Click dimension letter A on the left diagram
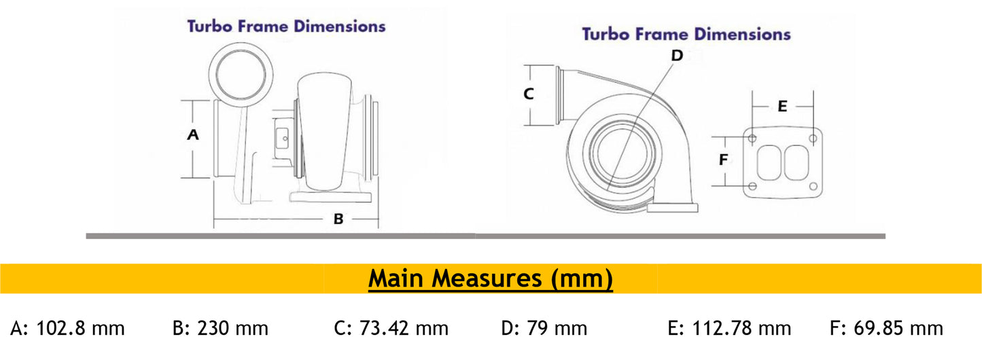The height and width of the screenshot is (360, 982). (193, 134)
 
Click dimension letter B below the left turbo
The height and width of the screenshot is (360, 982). (338, 219)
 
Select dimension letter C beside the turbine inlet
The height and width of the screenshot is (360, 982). (529, 94)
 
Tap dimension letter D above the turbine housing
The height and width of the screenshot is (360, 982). (676, 55)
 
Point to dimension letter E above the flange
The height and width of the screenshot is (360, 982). (782, 106)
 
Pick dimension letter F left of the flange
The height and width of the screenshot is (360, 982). (724, 160)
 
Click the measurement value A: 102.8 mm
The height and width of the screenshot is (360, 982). (67, 329)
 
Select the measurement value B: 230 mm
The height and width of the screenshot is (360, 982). (221, 329)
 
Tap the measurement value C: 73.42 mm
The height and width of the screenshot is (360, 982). (391, 329)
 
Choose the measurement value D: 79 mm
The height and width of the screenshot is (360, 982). (544, 329)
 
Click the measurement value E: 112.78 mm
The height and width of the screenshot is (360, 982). (730, 329)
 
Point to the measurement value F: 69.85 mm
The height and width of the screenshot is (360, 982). (887, 329)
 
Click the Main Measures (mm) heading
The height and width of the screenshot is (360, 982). (491, 278)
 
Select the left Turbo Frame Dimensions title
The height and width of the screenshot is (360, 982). (286, 26)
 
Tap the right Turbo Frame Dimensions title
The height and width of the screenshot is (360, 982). (686, 34)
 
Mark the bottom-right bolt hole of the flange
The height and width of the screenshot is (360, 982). (813, 186)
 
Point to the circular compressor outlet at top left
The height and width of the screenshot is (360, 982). (241, 71)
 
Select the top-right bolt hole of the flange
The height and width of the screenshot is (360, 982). (813, 139)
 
